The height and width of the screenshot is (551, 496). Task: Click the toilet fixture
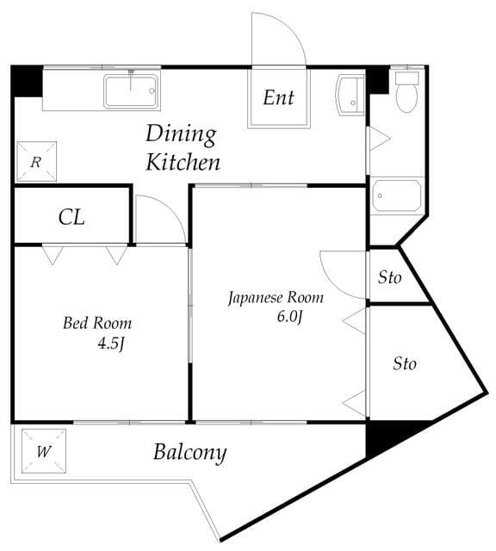click(407, 92)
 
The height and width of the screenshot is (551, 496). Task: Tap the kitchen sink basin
click(131, 91)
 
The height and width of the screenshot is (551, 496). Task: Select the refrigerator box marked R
click(36, 161)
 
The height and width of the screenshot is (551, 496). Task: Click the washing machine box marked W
click(44, 451)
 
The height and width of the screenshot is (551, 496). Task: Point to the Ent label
click(278, 97)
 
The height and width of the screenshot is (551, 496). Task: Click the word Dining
click(181, 134)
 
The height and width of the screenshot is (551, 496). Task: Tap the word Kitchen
click(183, 162)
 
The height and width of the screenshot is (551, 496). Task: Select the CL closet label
click(71, 217)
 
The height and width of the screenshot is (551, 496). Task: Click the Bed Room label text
click(97, 323)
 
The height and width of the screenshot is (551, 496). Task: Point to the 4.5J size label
click(111, 343)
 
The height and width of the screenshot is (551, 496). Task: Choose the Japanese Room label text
click(276, 298)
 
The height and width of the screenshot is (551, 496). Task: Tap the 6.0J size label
click(289, 317)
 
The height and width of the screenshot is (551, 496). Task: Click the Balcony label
click(189, 453)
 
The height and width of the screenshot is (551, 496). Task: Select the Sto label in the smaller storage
click(389, 277)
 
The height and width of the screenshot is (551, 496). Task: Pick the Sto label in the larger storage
click(405, 363)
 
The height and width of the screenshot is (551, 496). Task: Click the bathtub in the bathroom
click(397, 195)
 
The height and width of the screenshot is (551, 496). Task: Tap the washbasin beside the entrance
click(350, 95)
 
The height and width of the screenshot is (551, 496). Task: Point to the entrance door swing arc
click(290, 27)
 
